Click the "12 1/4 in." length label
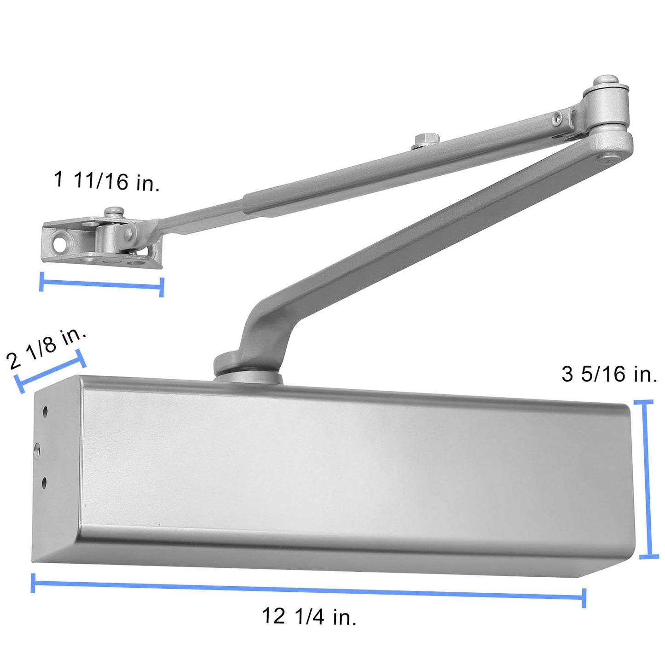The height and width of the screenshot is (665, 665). (309, 616)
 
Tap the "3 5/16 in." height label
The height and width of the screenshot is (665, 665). (609, 374)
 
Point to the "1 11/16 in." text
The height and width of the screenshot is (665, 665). (107, 180)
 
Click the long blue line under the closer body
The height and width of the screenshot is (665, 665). (308, 590)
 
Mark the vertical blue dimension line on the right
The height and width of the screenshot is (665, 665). (648, 479)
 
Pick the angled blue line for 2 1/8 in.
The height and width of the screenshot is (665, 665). (50, 371)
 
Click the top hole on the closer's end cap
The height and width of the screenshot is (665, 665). (45, 411)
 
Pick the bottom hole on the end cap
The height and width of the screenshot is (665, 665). (44, 482)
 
